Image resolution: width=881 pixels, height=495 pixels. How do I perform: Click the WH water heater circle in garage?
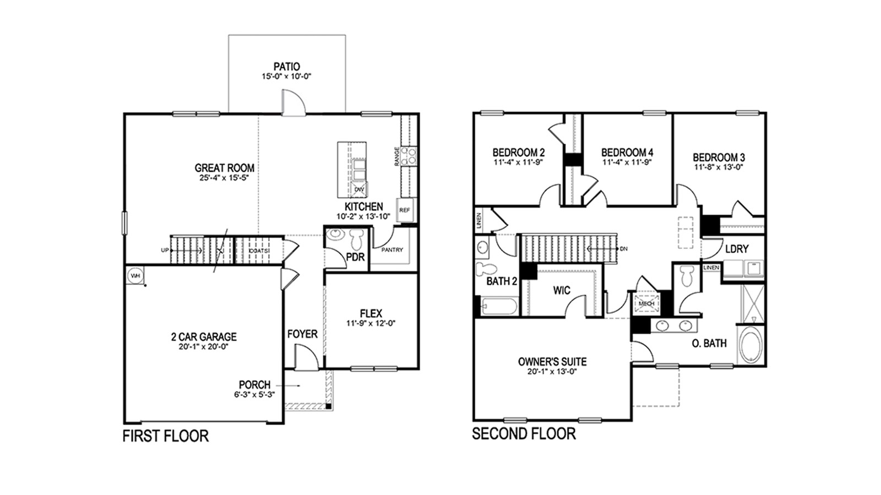134,275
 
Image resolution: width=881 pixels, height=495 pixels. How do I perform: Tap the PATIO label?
286,67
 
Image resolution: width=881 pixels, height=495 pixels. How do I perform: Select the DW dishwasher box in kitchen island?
359,189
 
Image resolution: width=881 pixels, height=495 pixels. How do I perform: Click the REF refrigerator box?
404,210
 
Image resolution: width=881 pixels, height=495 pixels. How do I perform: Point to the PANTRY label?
392,250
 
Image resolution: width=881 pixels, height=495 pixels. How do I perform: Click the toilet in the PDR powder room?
357,238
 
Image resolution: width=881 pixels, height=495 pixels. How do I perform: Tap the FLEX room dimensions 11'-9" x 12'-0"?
371,323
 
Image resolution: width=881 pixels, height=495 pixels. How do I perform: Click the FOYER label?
302,334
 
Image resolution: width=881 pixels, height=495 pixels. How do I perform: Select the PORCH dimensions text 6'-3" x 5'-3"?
254,394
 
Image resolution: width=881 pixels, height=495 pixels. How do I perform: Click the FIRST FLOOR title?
165,437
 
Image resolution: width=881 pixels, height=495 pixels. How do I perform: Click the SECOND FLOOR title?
524,434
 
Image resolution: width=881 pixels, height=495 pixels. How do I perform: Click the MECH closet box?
646,303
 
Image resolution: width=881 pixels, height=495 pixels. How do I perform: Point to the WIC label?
562,290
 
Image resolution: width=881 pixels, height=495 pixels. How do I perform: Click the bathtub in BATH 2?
499,306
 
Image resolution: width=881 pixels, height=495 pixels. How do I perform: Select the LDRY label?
736,249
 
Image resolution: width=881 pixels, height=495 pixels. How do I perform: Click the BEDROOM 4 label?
627,152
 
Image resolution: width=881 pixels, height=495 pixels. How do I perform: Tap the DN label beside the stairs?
623,249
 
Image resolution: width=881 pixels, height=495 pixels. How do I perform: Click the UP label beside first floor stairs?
165,251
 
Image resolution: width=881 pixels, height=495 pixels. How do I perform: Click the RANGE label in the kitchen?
396,156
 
